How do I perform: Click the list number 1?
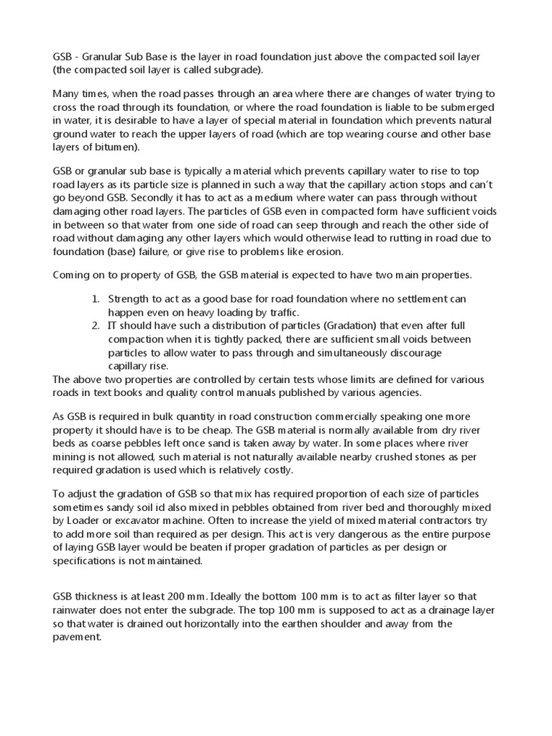pyautogui.click(x=95, y=299)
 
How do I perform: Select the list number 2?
pyautogui.click(x=95, y=325)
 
